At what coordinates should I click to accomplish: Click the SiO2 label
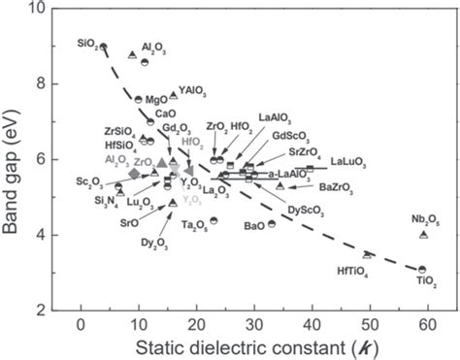[87, 44]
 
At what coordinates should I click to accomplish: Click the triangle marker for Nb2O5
[423, 235]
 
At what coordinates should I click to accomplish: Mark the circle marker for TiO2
[422, 270]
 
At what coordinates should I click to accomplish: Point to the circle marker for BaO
[272, 224]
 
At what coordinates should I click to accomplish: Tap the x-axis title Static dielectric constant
[243, 345]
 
